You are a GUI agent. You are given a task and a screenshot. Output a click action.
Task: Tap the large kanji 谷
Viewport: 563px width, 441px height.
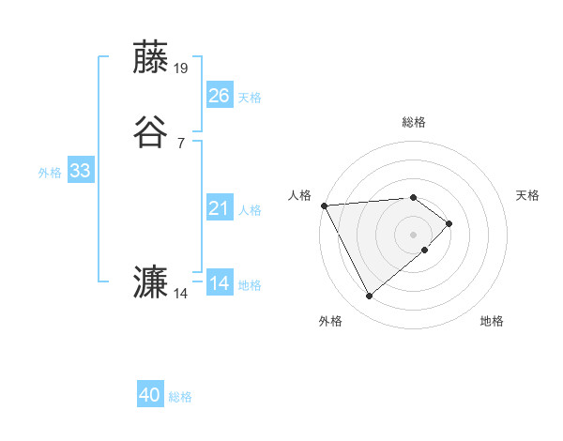151,131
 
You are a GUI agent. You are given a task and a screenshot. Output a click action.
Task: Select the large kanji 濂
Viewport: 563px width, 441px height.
151,282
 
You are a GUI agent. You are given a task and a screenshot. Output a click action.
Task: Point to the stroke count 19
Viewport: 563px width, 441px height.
181,68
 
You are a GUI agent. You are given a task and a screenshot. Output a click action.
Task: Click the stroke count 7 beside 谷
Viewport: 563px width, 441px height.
180,143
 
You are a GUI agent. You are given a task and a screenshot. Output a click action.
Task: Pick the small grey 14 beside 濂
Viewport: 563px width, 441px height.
181,294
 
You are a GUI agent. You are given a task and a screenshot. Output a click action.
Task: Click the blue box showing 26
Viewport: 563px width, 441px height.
219,95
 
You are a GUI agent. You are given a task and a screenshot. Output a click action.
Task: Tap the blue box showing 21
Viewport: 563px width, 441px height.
219,207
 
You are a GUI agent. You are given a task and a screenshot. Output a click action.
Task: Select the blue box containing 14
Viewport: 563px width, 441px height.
219,282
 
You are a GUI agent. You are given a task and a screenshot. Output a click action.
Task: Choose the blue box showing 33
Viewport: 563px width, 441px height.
80,171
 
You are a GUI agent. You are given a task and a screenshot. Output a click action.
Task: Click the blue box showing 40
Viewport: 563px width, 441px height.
149,395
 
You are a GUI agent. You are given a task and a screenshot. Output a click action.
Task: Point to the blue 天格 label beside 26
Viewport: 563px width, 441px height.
250,98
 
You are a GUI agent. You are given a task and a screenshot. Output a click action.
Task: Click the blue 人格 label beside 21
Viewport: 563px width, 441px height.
250,210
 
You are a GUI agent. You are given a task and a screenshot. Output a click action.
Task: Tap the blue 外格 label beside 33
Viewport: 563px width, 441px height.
50,173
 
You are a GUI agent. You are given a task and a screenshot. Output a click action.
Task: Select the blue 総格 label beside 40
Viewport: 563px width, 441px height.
180,398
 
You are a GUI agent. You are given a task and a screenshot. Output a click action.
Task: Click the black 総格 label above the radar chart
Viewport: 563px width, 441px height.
414,122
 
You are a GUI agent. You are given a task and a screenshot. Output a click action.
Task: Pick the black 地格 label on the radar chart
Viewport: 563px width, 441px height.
492,322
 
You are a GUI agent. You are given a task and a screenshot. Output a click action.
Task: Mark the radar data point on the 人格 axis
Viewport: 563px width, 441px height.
324,205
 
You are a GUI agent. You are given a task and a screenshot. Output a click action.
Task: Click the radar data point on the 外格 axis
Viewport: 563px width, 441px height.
369,297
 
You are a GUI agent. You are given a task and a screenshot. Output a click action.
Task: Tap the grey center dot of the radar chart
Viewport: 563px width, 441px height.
414,234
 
